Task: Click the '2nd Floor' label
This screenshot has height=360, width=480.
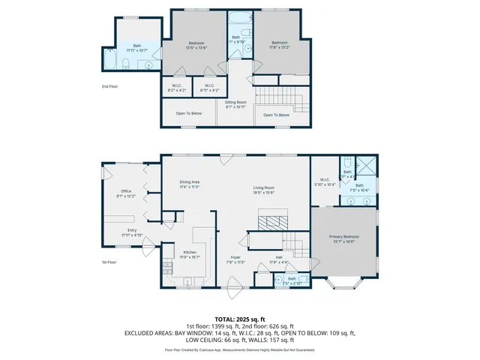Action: click(109, 86)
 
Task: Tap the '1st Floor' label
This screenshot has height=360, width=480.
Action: click(109, 262)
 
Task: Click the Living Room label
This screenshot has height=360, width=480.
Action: click(263, 189)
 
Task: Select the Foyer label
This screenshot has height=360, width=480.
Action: click(235, 259)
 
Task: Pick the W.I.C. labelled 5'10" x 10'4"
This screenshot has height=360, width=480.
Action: click(325, 181)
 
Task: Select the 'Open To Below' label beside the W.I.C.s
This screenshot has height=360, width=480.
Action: click(189, 113)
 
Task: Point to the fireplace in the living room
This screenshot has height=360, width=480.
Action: click(268, 221)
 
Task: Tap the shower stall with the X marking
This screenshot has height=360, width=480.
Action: click(367, 165)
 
